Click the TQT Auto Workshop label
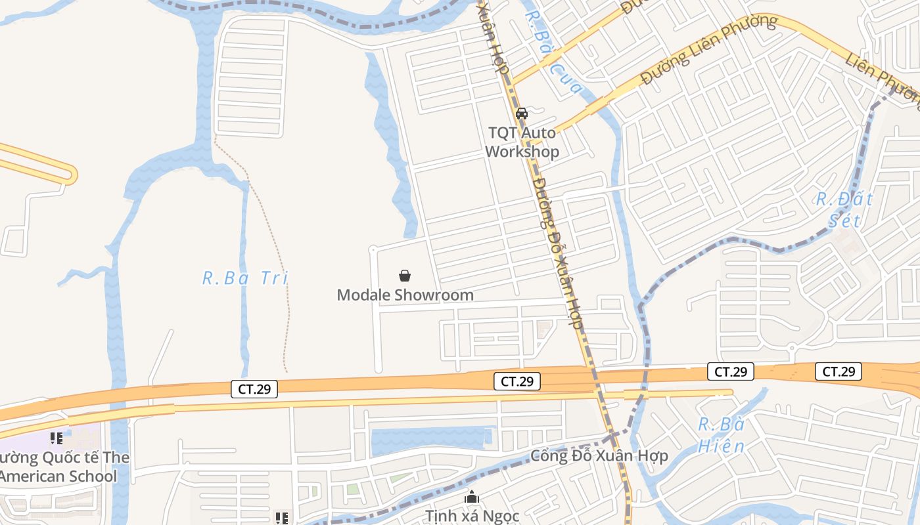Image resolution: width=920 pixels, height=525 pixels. click(522, 142)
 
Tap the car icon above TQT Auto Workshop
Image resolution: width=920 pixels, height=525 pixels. click(522, 113)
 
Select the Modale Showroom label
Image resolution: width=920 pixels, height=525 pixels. click(405, 295)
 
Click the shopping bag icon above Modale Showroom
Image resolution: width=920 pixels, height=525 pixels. click(405, 276)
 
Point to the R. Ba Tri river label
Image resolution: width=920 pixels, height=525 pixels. click(245, 278)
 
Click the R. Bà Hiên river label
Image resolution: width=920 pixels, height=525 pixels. click(721, 435)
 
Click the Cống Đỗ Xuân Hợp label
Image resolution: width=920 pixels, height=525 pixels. click(599, 455)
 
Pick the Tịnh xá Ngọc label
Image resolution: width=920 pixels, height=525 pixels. click(472, 516)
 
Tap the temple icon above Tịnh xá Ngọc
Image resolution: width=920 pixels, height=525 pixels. click(472, 498)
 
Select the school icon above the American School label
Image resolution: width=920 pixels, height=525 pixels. click(57, 438)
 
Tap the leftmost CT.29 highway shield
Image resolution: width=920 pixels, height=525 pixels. click(254, 389)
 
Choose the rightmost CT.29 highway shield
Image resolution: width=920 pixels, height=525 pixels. click(839, 371)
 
